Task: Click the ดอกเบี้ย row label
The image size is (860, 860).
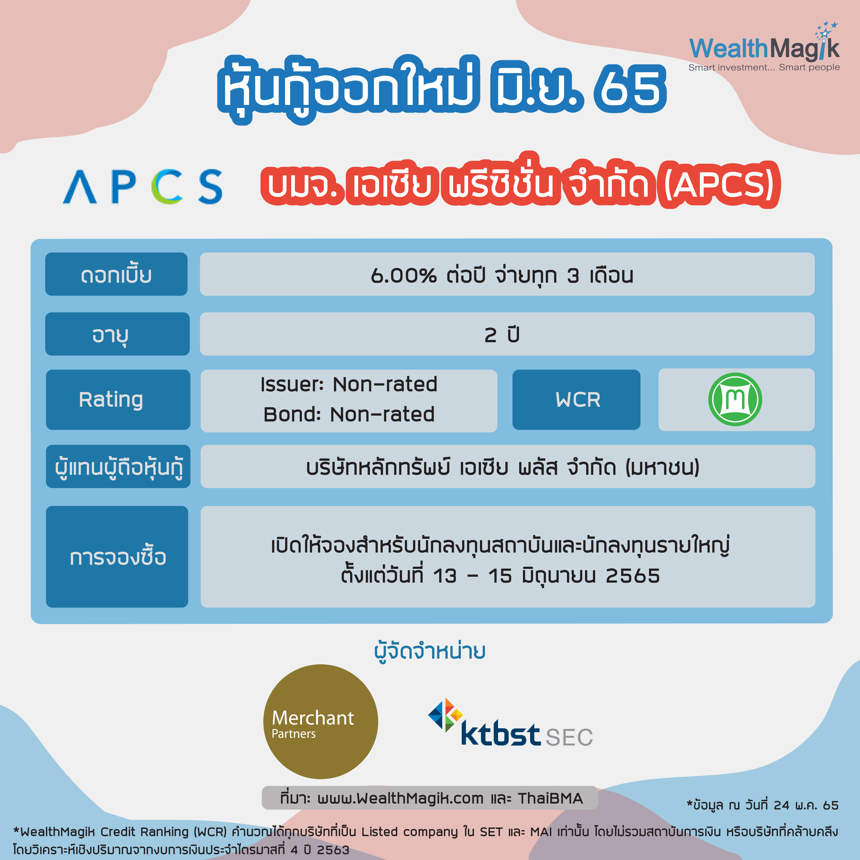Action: [116, 274]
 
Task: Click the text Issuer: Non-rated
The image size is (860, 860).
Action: [349, 384]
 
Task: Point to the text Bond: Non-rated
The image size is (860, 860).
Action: [349, 414]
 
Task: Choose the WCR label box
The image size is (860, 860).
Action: [576, 399]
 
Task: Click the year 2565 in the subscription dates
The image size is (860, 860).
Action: [632, 576]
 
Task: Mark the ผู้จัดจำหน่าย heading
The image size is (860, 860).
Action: [430, 651]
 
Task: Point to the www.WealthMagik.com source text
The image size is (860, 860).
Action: [400, 798]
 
